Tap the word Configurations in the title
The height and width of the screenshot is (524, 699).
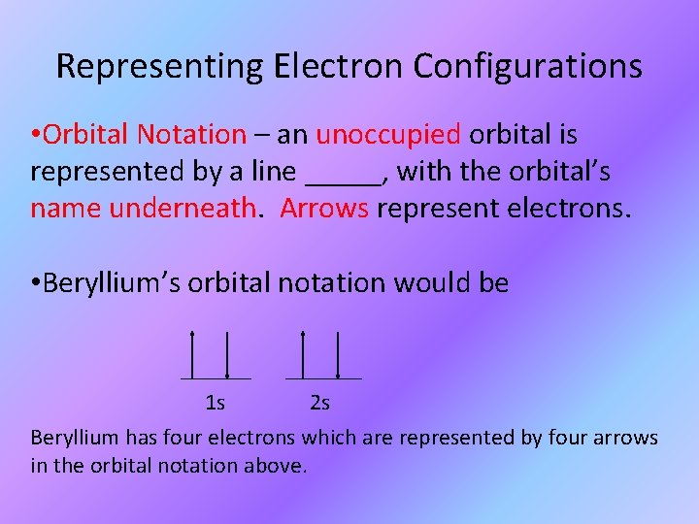(x=528, y=66)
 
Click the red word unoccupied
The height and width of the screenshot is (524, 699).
(x=392, y=134)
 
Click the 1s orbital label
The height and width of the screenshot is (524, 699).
(x=216, y=402)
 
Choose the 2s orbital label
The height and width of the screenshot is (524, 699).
(x=319, y=402)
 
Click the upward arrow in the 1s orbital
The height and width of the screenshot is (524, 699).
(x=192, y=354)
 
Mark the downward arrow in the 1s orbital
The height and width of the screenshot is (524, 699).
(x=226, y=354)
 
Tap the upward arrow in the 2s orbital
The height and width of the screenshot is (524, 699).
(x=303, y=354)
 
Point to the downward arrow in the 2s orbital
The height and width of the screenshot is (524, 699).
(x=337, y=354)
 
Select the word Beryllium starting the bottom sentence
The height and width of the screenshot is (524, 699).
(x=75, y=438)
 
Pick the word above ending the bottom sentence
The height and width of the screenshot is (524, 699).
(x=279, y=466)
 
